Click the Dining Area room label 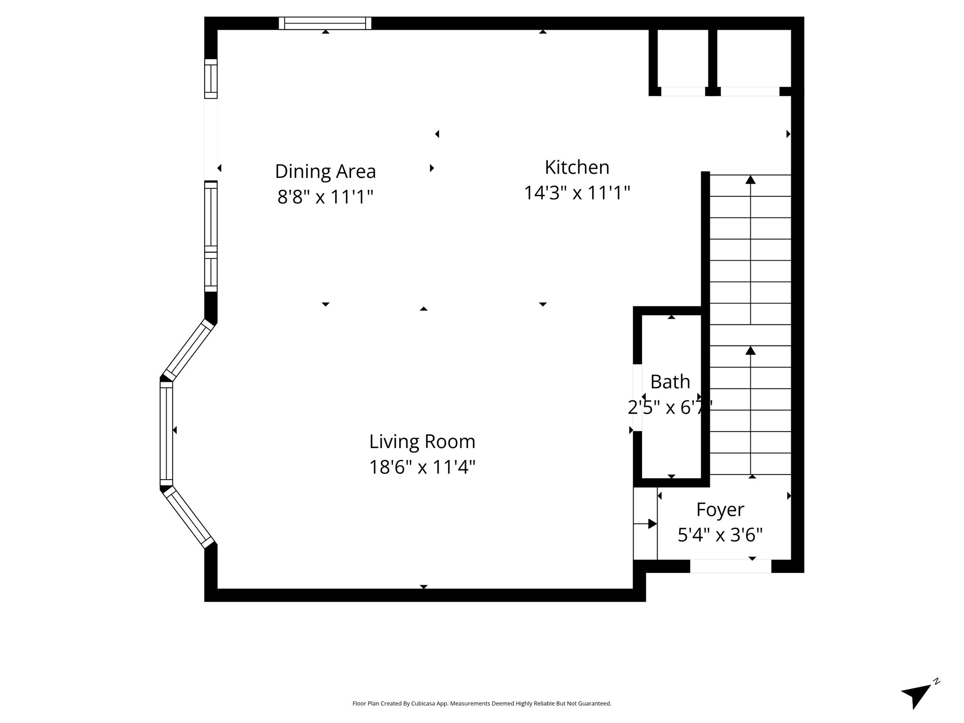(325, 171)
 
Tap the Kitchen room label (577, 167)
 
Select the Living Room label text (422, 442)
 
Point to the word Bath (670, 382)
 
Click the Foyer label (720, 510)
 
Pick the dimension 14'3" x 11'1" (577, 193)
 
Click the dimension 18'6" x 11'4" (422, 467)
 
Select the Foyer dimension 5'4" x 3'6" (720, 535)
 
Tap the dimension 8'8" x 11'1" (325, 197)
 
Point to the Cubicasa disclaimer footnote (482, 704)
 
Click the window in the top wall (325, 23)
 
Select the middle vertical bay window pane (166, 434)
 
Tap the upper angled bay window (188, 350)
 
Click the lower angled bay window (188, 517)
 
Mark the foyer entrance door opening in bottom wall (731, 566)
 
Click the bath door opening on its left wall (637, 398)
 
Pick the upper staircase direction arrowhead (750, 179)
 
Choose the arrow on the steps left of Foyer (645, 524)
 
